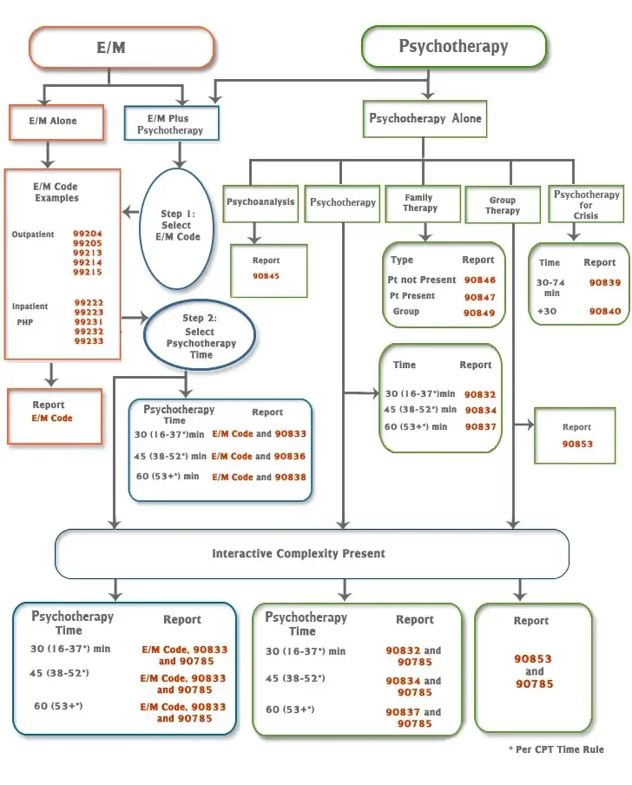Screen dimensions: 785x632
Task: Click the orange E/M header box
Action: (121, 47)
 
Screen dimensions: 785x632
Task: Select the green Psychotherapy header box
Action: (453, 47)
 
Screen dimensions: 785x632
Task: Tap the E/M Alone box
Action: (56, 122)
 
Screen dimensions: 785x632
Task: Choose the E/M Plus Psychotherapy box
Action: (170, 124)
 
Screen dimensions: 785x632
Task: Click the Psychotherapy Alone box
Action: (425, 118)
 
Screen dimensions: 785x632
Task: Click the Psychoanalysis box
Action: (260, 202)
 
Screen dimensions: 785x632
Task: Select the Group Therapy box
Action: (502, 205)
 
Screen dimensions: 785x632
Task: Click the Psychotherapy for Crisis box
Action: (586, 204)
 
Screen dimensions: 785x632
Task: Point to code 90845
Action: (266, 276)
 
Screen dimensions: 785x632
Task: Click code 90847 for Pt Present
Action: (479, 296)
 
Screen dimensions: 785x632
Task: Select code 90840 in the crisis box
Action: (604, 311)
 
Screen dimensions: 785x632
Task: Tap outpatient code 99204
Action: (88, 234)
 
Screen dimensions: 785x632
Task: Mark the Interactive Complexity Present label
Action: (299, 553)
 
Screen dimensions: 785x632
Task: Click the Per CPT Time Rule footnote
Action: (556, 749)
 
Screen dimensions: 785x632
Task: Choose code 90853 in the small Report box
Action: (576, 444)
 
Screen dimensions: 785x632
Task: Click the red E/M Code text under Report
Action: (52, 419)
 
